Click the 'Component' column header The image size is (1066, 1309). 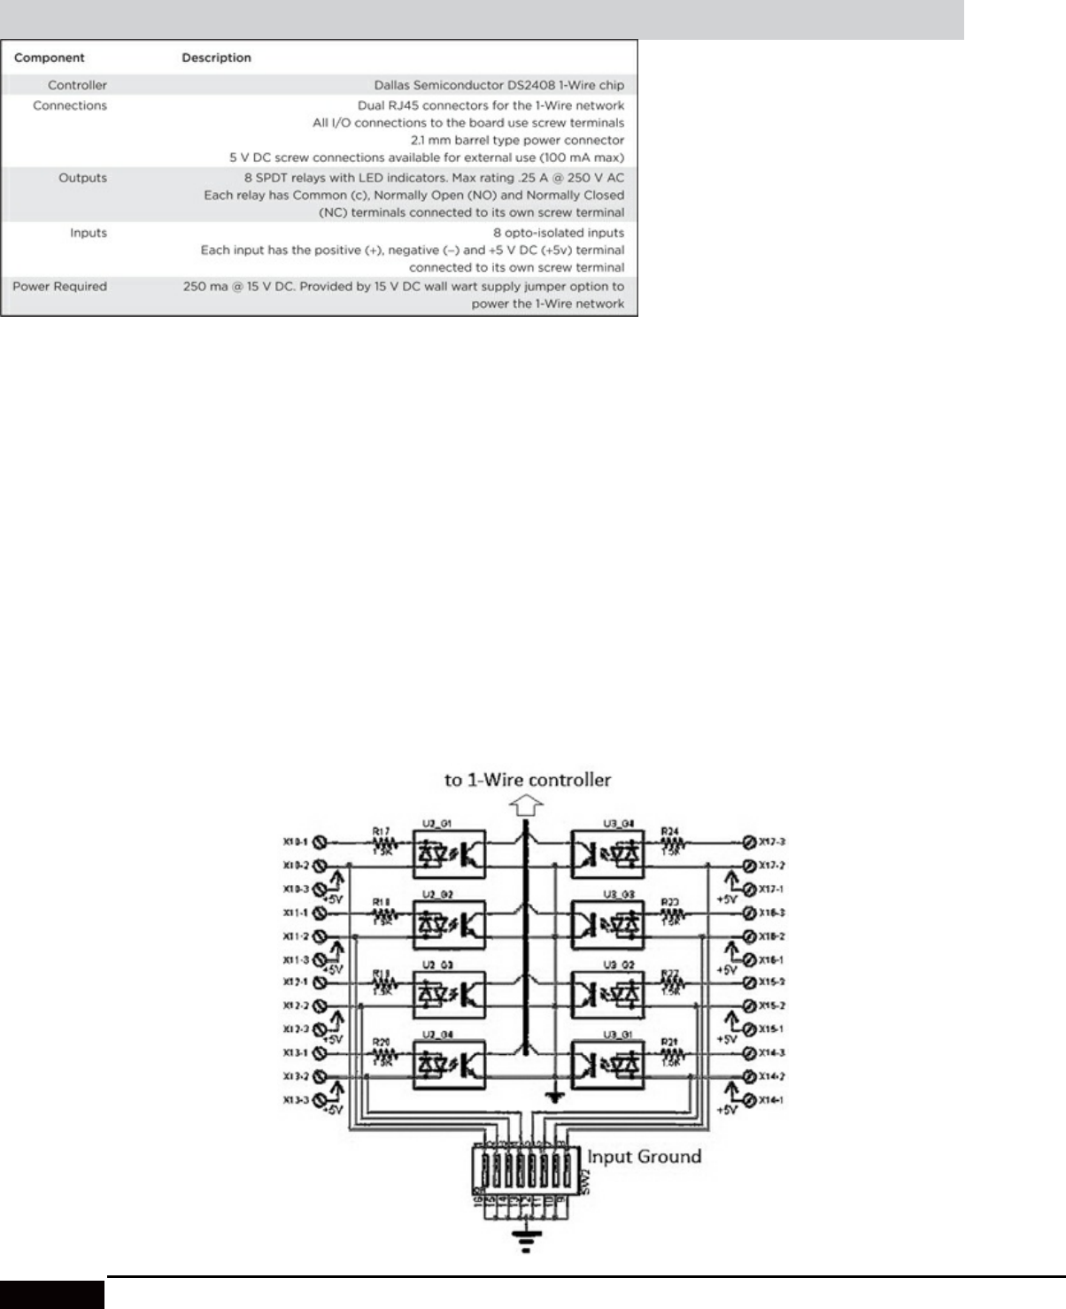click(50, 58)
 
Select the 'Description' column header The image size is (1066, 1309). click(216, 58)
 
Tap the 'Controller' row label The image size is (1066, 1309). click(77, 86)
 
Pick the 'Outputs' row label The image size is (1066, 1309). click(82, 178)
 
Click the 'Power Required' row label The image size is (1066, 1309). click(59, 287)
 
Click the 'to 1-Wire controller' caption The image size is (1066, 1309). click(528, 780)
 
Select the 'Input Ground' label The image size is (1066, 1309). click(644, 1156)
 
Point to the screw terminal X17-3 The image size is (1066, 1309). click(749, 841)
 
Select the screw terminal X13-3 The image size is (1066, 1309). click(321, 1100)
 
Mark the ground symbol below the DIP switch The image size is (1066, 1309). click(528, 1244)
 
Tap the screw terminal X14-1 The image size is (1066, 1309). click(749, 1100)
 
